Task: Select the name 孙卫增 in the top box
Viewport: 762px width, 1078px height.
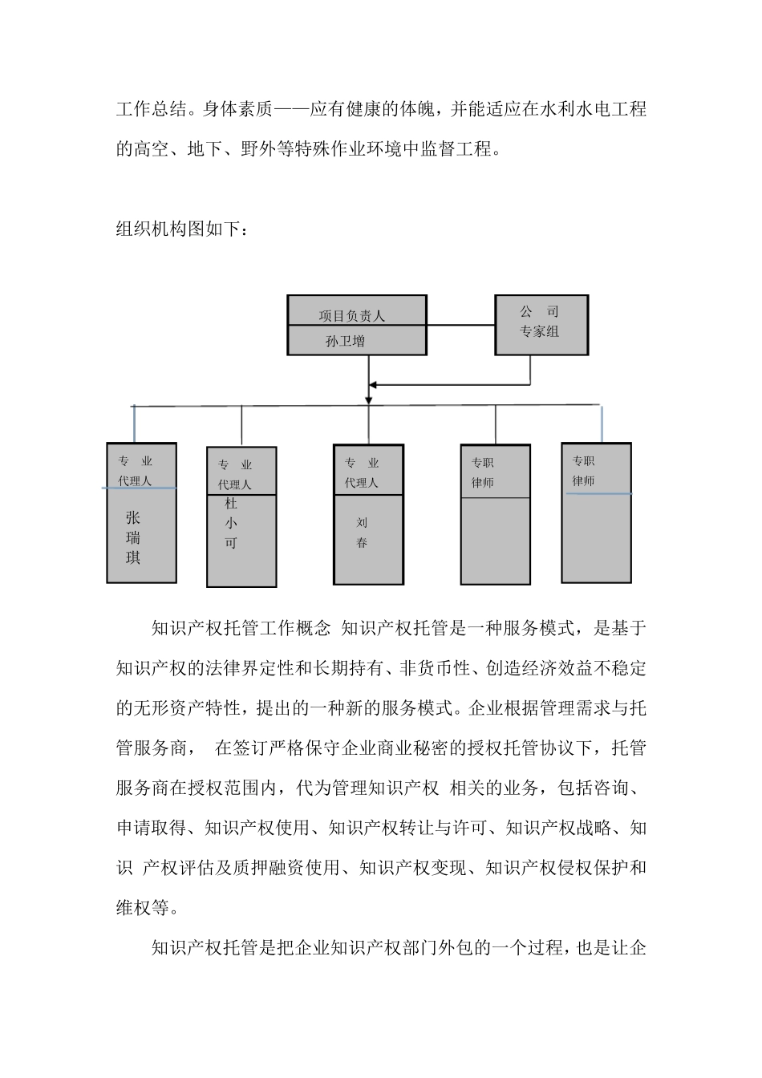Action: [x=346, y=341]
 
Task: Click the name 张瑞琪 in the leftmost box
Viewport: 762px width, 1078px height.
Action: [x=133, y=538]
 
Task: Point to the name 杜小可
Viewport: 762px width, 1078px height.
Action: [x=231, y=523]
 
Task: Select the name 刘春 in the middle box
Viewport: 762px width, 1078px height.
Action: [x=362, y=533]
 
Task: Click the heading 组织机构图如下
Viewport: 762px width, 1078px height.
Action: [x=183, y=229]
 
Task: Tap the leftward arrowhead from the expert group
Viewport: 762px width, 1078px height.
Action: [x=373, y=385]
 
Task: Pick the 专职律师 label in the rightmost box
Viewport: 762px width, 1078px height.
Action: [x=583, y=471]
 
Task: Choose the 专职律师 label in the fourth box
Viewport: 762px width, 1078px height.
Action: [x=482, y=472]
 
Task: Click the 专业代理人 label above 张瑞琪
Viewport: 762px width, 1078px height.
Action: [x=135, y=471]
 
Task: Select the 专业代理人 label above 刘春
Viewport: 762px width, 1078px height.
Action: [x=362, y=472]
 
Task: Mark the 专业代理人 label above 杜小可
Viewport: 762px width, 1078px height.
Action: [x=235, y=475]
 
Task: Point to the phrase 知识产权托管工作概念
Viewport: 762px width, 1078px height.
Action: [x=241, y=629]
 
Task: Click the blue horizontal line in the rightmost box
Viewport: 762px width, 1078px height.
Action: [x=598, y=494]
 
